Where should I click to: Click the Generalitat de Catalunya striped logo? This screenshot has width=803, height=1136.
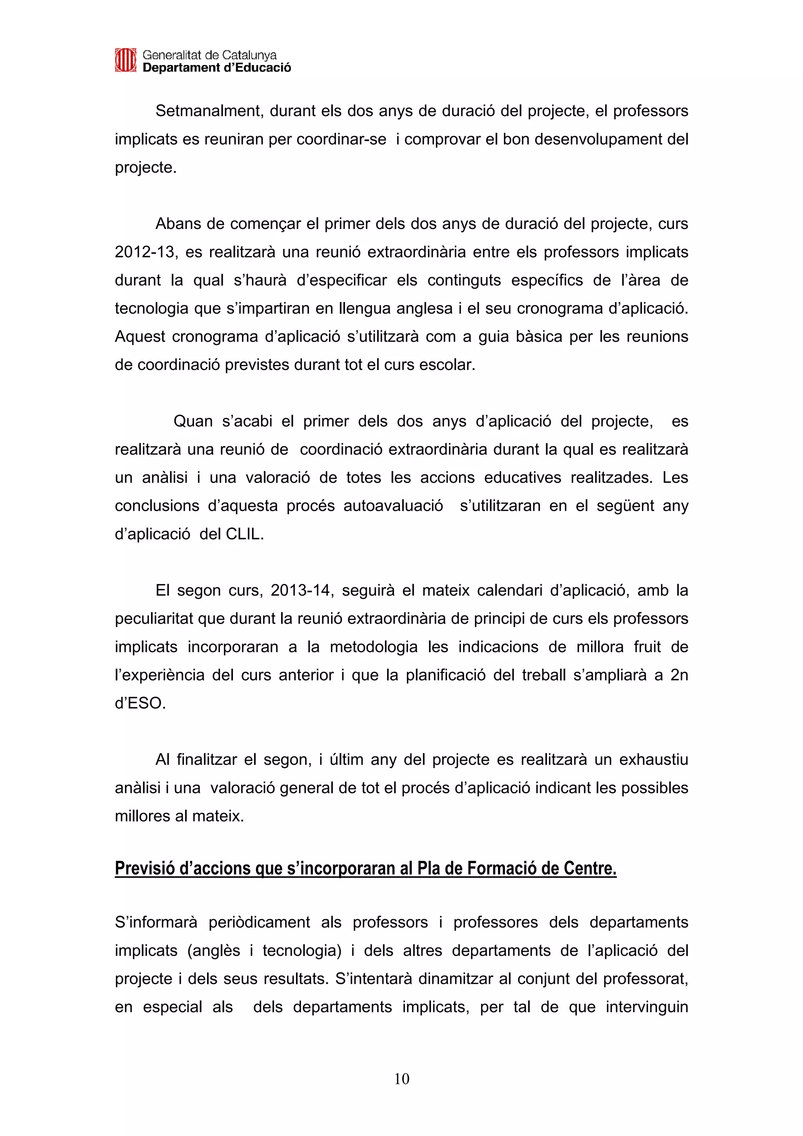[x=125, y=60]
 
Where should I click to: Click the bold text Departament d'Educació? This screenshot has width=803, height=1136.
[x=217, y=68]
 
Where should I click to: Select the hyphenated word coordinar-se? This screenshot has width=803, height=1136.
[x=342, y=140]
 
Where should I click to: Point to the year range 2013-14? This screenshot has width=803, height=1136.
[x=301, y=591]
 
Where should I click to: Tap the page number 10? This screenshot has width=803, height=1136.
[x=402, y=1079]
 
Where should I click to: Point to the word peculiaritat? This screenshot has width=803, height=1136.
[x=153, y=619]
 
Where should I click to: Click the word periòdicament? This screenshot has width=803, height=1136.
[x=259, y=923]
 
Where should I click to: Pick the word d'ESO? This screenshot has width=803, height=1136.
[x=140, y=704]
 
